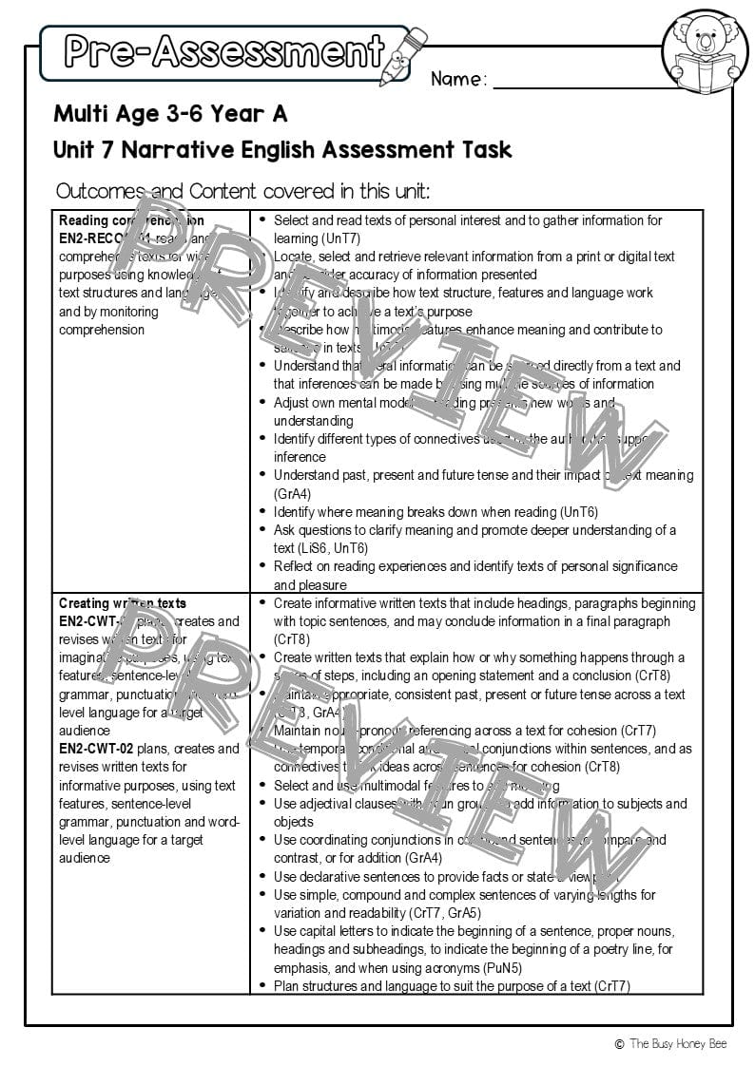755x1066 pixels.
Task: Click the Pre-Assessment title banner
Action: [x=224, y=52]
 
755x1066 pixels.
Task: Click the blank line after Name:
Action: [x=599, y=84]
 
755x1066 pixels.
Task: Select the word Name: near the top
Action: [x=458, y=79]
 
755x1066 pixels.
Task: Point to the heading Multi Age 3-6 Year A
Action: [x=170, y=114]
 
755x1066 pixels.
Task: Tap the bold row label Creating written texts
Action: [x=123, y=603]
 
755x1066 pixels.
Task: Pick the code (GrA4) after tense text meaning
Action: [x=293, y=493]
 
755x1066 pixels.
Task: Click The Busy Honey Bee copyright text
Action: [x=679, y=1044]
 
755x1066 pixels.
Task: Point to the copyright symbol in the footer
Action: [x=619, y=1044]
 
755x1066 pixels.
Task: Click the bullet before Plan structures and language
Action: [x=262, y=986]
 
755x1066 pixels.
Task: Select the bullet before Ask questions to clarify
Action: [x=262, y=530]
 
